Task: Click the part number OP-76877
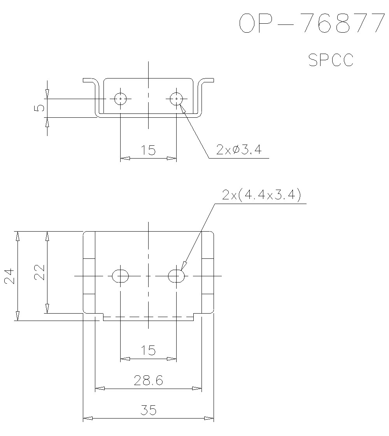312,23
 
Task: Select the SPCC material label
331,60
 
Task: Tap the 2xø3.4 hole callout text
239,150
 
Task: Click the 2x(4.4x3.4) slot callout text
261,195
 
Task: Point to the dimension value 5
40,108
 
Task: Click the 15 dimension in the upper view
148,150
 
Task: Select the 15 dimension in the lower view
148,351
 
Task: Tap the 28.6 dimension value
148,380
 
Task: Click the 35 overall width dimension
149,410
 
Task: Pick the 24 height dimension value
10,276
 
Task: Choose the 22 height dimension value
40,272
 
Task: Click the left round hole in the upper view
121,98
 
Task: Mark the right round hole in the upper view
177,98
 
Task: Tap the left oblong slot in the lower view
121,276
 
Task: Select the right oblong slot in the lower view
177,276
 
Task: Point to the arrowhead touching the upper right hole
183,109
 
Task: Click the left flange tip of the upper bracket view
83,80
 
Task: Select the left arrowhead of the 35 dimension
88,418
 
